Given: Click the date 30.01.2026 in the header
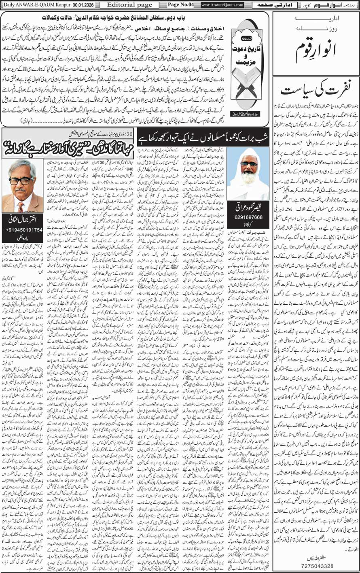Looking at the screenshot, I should (78, 4).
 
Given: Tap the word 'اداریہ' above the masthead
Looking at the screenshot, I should (316, 20).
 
